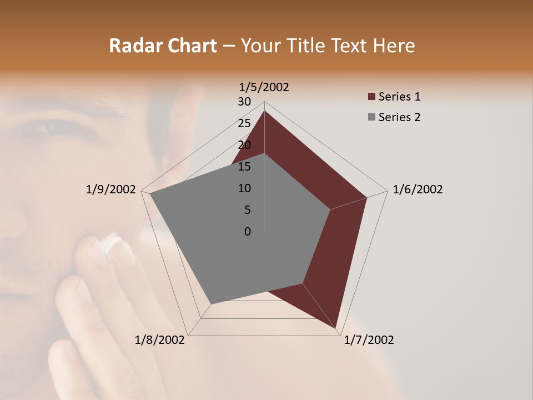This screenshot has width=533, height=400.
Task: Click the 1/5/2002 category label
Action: click(264, 87)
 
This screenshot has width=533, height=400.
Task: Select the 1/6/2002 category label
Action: click(418, 189)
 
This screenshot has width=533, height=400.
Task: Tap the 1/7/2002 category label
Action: click(369, 340)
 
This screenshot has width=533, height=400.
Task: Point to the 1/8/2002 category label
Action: click(160, 340)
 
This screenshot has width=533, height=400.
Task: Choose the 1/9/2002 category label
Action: click(111, 189)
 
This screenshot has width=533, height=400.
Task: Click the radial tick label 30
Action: click(244, 102)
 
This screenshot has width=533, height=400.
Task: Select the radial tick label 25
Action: click(244, 123)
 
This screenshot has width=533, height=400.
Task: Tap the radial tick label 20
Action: click(244, 145)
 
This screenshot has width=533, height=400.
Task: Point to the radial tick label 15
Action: click(244, 167)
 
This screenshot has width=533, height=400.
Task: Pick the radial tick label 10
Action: click(244, 188)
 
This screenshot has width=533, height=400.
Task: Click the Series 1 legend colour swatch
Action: click(371, 97)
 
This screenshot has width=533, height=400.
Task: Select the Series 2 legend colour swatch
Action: click(371, 117)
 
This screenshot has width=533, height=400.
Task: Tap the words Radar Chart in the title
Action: click(163, 46)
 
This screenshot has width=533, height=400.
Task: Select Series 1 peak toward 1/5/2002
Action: click(264, 111)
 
